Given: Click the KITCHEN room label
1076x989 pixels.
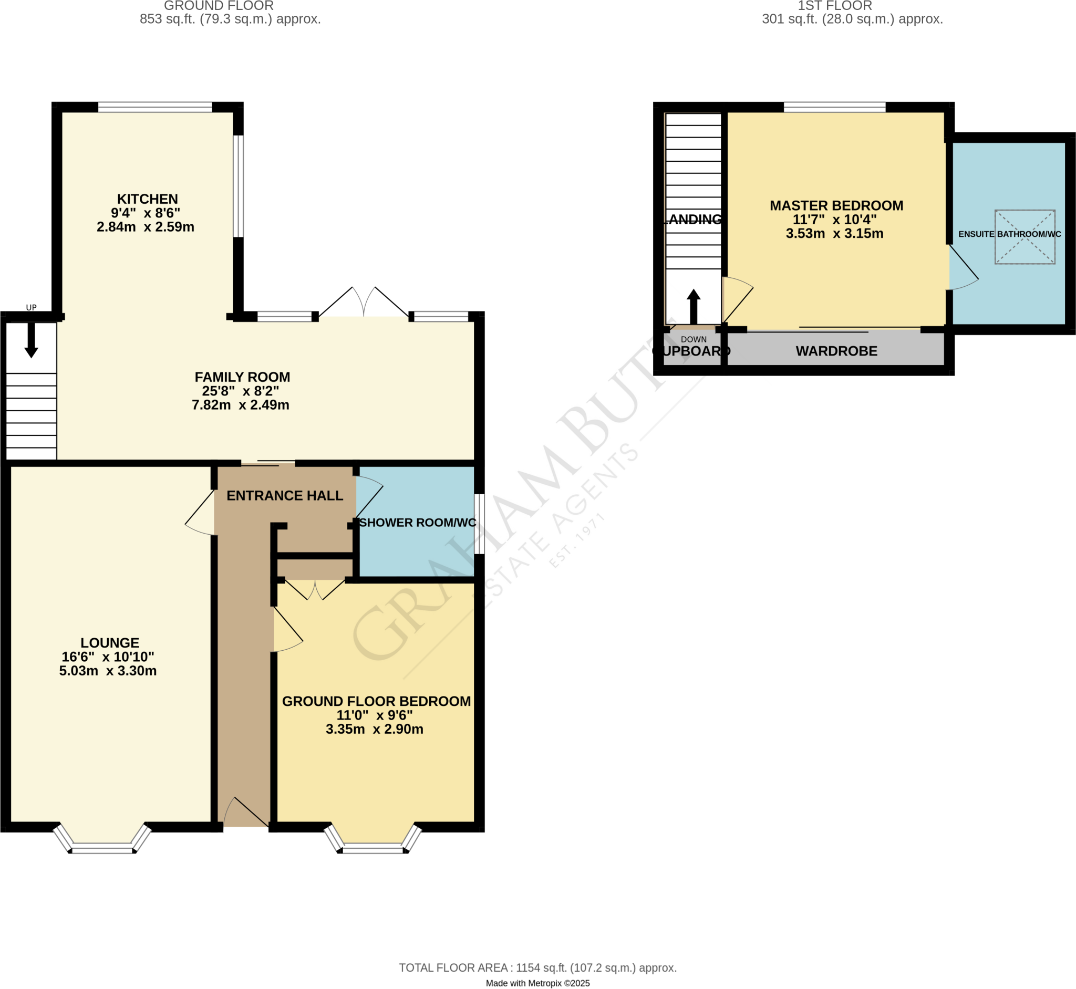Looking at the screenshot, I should click(147, 199).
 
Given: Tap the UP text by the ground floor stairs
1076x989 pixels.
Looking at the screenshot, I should click(31, 308).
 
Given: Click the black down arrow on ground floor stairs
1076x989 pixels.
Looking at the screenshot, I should click(31, 340).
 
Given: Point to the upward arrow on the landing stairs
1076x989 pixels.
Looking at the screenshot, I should click(693, 306).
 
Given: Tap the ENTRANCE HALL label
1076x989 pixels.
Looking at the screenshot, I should click(285, 496).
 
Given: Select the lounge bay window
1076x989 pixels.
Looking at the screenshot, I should click(102, 841).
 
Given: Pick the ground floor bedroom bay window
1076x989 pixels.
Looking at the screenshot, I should click(373, 841).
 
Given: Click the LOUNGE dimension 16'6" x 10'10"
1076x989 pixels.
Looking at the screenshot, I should click(108, 657).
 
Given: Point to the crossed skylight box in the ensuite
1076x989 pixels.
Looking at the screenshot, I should click(1025, 236).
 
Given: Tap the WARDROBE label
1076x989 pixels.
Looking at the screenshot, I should click(836, 351).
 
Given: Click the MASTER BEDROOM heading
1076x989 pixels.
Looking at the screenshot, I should click(836, 205).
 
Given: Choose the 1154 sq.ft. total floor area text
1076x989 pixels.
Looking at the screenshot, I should click(537, 967).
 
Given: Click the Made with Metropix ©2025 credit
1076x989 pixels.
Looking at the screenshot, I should click(537, 983).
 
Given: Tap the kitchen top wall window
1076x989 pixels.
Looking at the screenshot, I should click(155, 108).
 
